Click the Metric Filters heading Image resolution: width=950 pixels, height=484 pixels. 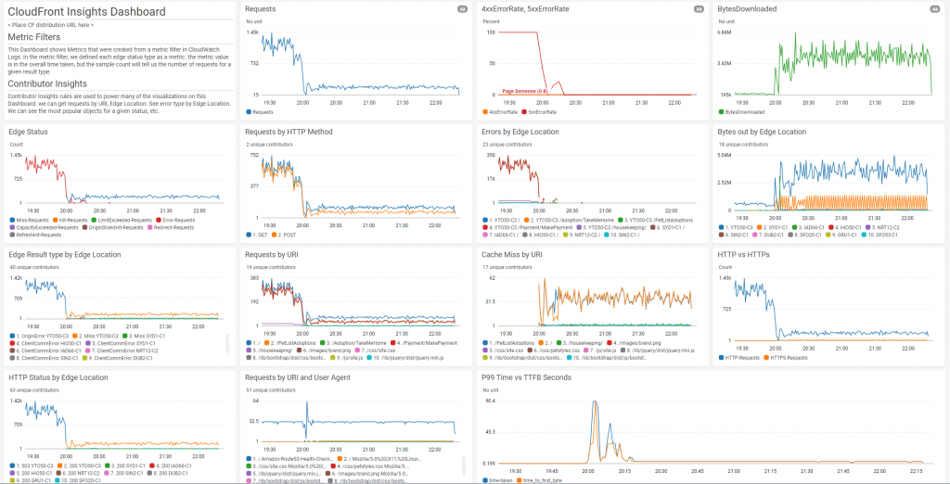click(x=41, y=37)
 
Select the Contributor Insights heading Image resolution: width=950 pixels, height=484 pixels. click(x=47, y=83)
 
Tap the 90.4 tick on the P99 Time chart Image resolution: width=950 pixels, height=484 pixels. click(x=490, y=401)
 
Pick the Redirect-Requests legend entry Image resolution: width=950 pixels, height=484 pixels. click(x=175, y=225)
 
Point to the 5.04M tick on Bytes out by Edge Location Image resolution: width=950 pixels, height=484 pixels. click(x=726, y=155)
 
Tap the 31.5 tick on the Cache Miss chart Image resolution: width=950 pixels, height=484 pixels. click(x=490, y=300)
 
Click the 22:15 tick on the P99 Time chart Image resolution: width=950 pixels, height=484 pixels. click(x=917, y=470)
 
